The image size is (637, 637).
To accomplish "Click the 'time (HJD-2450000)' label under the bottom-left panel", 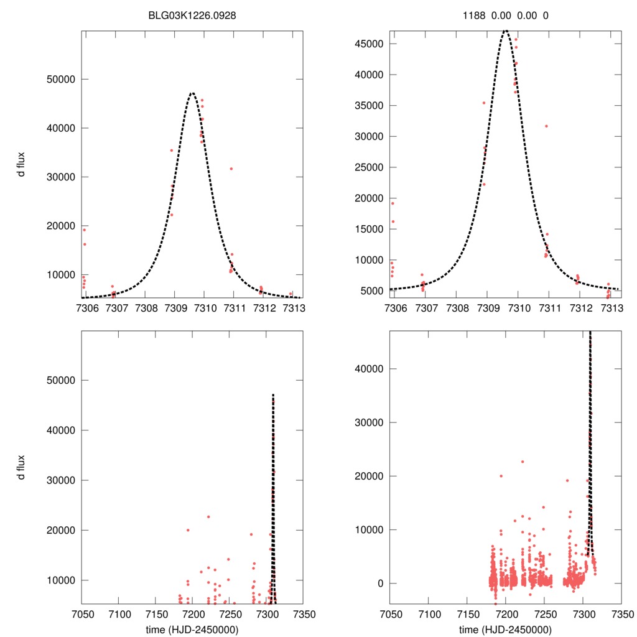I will coord(192,629).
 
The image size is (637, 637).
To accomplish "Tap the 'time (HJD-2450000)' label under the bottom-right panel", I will coord(505,629).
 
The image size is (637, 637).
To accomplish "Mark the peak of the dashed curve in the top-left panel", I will coord(192,93).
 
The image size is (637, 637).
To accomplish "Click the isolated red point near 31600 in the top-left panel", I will coord(231,169).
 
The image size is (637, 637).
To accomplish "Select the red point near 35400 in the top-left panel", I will coord(172,150).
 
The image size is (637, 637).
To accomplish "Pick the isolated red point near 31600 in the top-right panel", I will coord(546,126).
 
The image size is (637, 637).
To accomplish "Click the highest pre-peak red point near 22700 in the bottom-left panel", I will coord(208,517).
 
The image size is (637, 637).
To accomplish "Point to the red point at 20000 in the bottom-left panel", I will coord(187,530).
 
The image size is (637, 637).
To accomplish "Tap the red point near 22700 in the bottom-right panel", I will coord(523,462).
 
